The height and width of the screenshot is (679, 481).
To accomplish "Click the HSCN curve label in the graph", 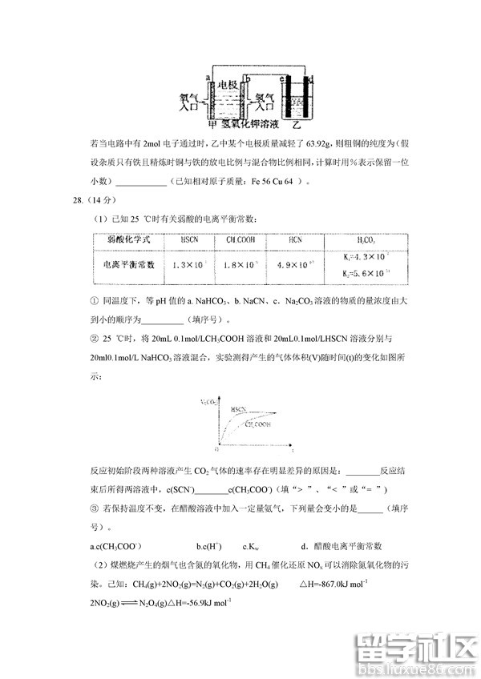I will click(x=238, y=408).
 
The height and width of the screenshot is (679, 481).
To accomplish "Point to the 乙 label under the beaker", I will click(x=295, y=125).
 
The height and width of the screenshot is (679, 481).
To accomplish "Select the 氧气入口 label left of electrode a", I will click(x=190, y=100).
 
